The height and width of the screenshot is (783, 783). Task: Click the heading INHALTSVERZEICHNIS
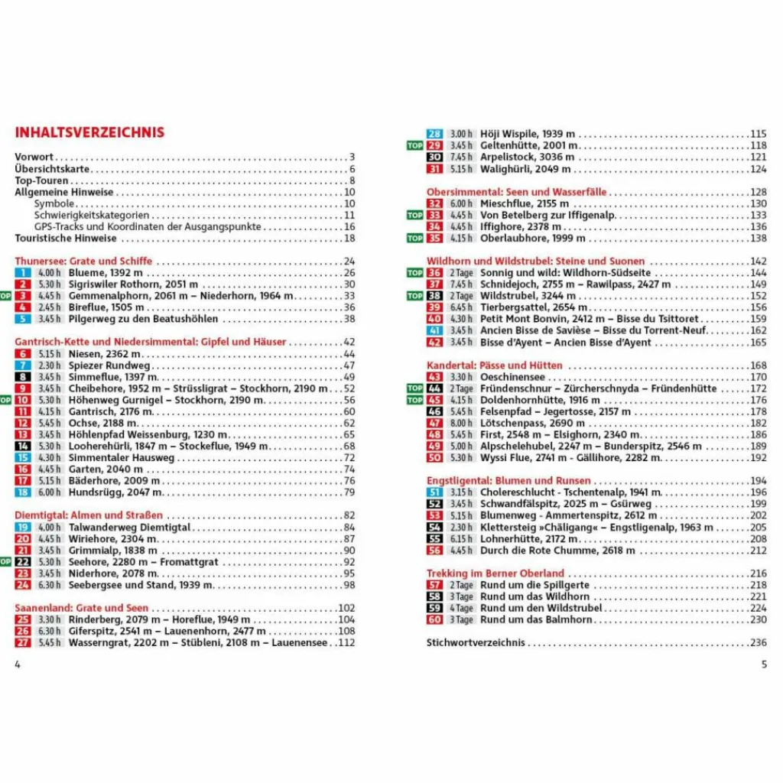coord(89,132)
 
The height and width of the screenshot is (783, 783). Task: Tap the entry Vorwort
coord(34,158)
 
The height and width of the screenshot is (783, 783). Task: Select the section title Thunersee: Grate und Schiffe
coord(83,261)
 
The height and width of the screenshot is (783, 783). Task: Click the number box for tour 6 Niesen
coord(23,354)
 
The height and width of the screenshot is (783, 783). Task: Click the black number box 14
coord(23,447)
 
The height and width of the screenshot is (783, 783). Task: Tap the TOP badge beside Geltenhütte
coord(414,145)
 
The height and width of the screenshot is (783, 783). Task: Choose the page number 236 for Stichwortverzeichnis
coord(758,643)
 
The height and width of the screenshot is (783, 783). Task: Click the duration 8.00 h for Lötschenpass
coord(461,424)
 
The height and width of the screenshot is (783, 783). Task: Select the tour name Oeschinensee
coord(512,377)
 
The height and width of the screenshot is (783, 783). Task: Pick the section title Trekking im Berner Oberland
coord(495,573)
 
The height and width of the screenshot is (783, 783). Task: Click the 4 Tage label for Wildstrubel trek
coord(461,609)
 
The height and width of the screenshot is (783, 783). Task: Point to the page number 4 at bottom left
coord(18,664)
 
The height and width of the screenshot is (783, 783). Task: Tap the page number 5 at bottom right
coord(763,664)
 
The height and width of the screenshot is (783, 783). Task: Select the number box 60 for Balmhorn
coord(435,620)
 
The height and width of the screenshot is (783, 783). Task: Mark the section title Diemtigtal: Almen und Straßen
coord(89,515)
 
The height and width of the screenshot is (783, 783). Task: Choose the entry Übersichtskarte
coord(52,169)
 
